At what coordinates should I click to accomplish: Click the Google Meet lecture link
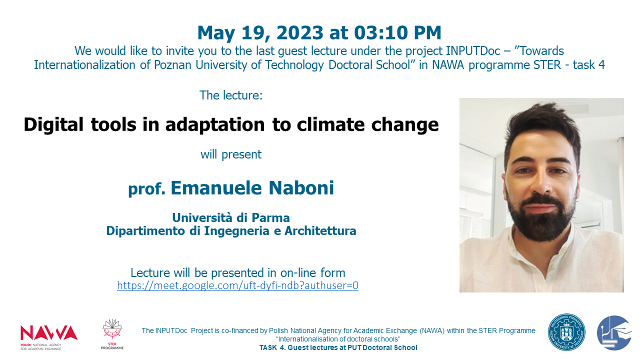pyautogui.click(x=237, y=285)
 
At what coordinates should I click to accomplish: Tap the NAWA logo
pyautogui.click(x=49, y=337)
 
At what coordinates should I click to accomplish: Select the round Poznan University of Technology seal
pyautogui.click(x=566, y=332)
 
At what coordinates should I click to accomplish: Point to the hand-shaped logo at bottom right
pyautogui.click(x=614, y=333)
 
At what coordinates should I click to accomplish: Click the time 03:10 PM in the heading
pyautogui.click(x=397, y=32)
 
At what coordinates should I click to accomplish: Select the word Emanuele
pyautogui.click(x=216, y=188)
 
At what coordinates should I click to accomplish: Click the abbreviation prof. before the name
pyautogui.click(x=146, y=189)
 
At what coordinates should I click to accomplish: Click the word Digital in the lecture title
pyautogui.click(x=53, y=125)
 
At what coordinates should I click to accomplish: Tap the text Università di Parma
pyautogui.click(x=231, y=217)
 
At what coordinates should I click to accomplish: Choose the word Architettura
pyautogui.click(x=320, y=231)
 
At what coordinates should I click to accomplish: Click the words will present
pyautogui.click(x=231, y=154)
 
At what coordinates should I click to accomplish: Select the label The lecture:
pyautogui.click(x=231, y=95)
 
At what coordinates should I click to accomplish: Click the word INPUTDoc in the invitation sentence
pyautogui.click(x=473, y=51)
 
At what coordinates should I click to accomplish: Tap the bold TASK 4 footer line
pyautogui.click(x=338, y=347)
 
